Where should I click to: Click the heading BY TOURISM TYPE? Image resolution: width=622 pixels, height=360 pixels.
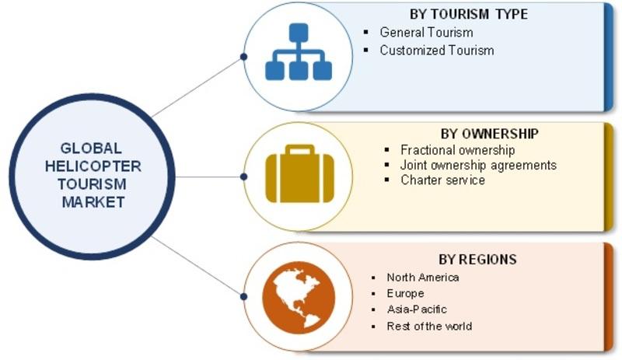tap(469, 14)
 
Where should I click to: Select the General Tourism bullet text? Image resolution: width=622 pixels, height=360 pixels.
tap(426, 32)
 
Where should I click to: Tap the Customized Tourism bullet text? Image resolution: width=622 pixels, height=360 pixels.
tap(437, 51)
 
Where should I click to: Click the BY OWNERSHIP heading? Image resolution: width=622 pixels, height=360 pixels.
tap(490, 134)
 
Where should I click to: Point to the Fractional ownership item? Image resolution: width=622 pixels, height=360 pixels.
tap(458, 150)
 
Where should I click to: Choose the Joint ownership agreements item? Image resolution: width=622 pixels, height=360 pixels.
tap(478, 165)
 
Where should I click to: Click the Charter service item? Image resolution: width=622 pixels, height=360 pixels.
tap(442, 180)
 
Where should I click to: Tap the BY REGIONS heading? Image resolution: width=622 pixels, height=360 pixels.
tap(477, 260)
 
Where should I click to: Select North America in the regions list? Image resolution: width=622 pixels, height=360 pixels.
tap(423, 278)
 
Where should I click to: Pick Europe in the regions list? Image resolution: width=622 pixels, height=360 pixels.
tap(405, 293)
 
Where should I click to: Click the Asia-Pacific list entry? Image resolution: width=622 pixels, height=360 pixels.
tap(417, 309)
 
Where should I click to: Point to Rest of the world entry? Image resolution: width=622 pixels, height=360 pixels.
tap(429, 327)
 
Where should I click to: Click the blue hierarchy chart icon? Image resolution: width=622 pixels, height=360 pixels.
tap(299, 51)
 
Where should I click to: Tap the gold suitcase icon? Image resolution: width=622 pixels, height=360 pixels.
tap(299, 173)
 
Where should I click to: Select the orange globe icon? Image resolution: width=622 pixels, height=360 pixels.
tap(299, 297)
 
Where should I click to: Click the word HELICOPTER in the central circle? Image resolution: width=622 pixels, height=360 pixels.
tap(93, 166)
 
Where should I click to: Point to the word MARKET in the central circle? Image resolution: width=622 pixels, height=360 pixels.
tap(93, 202)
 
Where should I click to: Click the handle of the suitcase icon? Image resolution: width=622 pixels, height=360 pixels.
tap(300, 149)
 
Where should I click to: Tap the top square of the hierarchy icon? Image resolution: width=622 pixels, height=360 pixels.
tap(299, 33)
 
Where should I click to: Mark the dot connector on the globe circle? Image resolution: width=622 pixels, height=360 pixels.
tap(244, 296)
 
